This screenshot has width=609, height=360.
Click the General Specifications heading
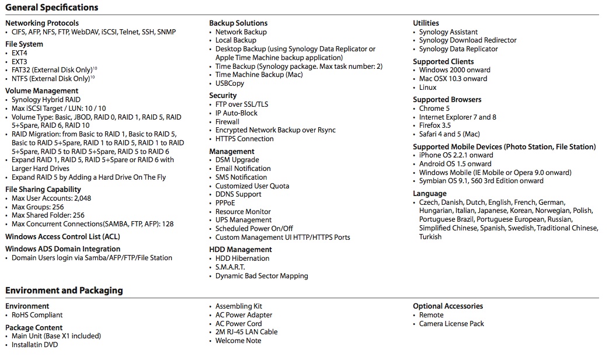click(51, 8)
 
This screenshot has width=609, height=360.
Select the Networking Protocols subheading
click(41, 23)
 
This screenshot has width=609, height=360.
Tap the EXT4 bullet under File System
click(19, 53)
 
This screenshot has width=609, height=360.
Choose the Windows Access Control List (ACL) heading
click(62, 237)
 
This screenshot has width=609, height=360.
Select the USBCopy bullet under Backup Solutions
click(229, 83)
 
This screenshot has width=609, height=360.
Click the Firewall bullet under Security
click(227, 122)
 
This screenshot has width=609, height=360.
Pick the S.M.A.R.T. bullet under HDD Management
click(230, 267)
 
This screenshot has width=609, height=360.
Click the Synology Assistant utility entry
click(448, 32)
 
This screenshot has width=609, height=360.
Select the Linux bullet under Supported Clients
click(427, 88)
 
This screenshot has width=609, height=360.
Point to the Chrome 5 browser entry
click(434, 109)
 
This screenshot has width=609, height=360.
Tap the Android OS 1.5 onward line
click(455, 164)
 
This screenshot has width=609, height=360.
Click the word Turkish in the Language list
click(430, 237)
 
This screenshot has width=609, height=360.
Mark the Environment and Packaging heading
click(64, 291)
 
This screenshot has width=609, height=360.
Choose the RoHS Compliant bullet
click(37, 315)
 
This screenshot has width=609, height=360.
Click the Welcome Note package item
click(238, 341)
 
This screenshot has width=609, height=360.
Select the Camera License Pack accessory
click(451, 324)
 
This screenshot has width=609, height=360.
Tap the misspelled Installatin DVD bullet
click(34, 345)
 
